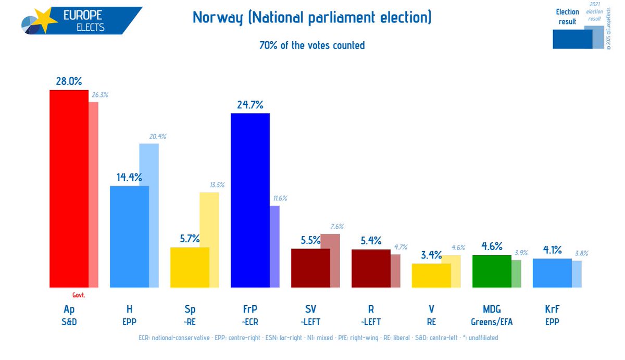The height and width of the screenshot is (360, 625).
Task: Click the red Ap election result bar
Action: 68,188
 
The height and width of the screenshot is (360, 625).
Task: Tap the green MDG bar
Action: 491,271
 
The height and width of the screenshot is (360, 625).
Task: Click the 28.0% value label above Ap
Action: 69,81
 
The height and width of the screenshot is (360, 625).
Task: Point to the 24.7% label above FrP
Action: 250,104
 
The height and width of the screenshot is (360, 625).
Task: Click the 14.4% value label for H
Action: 129,177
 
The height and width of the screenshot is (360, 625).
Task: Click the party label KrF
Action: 552,309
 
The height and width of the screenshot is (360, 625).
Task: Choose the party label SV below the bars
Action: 310,309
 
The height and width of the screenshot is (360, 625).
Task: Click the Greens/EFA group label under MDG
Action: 491,322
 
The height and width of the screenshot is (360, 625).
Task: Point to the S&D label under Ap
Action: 69,322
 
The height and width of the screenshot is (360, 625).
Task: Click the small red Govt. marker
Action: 78,295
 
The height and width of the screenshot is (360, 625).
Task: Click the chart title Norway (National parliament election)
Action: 312,18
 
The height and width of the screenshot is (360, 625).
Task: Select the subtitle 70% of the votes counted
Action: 312,45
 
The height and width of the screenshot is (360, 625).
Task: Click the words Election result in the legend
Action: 567,17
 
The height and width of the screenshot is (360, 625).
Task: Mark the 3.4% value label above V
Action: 431,255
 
